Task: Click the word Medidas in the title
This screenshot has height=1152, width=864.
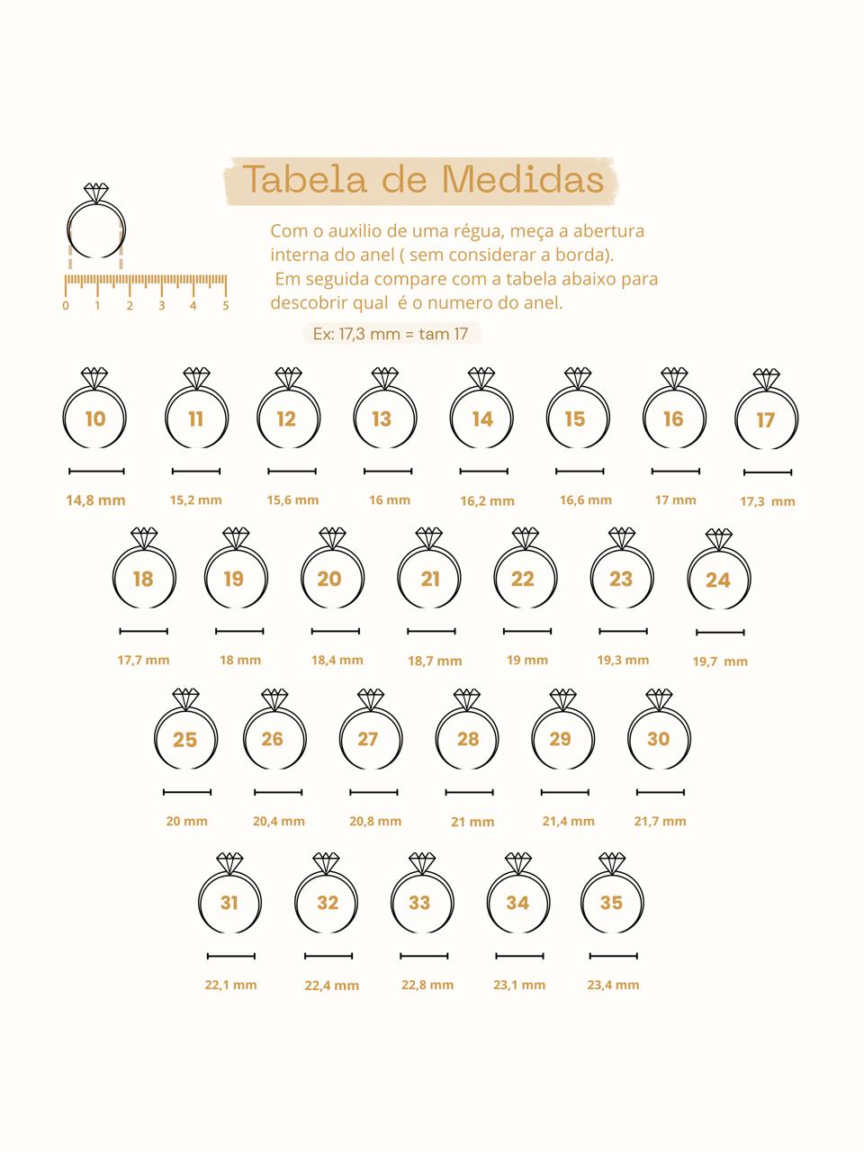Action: coord(523,179)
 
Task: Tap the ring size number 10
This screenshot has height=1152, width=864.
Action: coord(95,418)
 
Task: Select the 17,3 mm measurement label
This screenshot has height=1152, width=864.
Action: coord(768,501)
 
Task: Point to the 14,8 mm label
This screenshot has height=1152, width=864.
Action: coord(96,500)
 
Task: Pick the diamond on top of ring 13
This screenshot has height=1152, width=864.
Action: coord(385,378)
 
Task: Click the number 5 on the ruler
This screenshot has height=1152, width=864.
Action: coord(226,305)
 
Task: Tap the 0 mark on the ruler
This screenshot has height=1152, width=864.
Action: coord(66,305)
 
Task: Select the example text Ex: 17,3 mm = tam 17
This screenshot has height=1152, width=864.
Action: coord(391,334)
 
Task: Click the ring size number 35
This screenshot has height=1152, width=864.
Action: coord(611,903)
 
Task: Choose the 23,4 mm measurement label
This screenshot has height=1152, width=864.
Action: coord(613,985)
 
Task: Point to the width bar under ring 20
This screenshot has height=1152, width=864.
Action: coord(336,631)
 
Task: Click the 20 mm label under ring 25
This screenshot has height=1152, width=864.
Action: coord(187,822)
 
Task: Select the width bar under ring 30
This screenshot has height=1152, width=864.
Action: coord(661,792)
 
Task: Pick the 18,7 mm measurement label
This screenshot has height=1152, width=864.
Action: coord(435,661)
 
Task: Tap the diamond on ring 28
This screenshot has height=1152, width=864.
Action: coord(467,699)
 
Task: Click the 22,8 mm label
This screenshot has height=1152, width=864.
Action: coord(427,985)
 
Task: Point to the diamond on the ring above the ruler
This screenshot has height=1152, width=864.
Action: coord(96,193)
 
